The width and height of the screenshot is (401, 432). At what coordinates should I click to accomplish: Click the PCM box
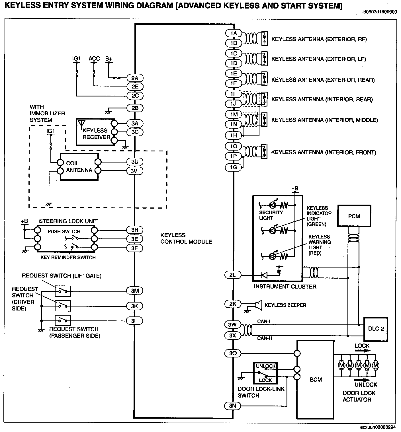pyautogui.click(x=354, y=216)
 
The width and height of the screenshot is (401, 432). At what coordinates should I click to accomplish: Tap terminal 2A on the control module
pyautogui.click(x=135, y=78)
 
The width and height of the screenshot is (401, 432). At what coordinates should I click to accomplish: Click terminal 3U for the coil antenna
pyautogui.click(x=135, y=162)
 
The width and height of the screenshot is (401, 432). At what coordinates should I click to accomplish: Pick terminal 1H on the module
pyautogui.click(x=233, y=135)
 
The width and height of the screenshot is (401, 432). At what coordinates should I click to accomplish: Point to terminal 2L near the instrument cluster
pyautogui.click(x=233, y=275)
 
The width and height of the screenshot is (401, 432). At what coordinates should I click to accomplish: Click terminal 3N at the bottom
pyautogui.click(x=233, y=406)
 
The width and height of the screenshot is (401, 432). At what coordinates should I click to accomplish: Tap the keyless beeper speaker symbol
pyautogui.click(x=259, y=305)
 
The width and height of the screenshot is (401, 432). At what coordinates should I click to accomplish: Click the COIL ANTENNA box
pyautogui.click(x=79, y=166)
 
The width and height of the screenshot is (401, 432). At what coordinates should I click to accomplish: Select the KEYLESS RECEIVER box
pyautogui.click(x=95, y=132)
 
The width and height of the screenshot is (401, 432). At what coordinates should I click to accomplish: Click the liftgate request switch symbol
pyautogui.click(x=63, y=291)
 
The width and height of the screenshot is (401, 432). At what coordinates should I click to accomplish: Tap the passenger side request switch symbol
pyautogui.click(x=63, y=320)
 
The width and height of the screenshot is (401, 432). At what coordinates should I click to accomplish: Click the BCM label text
pyautogui.click(x=316, y=380)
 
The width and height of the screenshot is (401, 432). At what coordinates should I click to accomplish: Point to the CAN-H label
pyautogui.click(x=265, y=338)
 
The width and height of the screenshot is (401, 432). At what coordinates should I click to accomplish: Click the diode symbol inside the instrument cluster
pyautogui.click(x=264, y=275)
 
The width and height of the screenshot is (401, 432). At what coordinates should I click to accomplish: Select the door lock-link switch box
pyautogui.click(x=265, y=373)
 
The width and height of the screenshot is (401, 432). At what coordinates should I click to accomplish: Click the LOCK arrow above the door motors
pyautogui.click(x=363, y=351)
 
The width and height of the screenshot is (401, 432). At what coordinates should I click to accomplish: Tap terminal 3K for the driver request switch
pyautogui.click(x=135, y=306)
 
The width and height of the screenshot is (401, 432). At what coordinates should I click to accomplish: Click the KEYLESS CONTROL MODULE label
pyautogui.click(x=186, y=238)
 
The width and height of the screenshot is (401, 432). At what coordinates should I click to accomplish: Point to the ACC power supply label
pyautogui.click(x=94, y=59)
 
